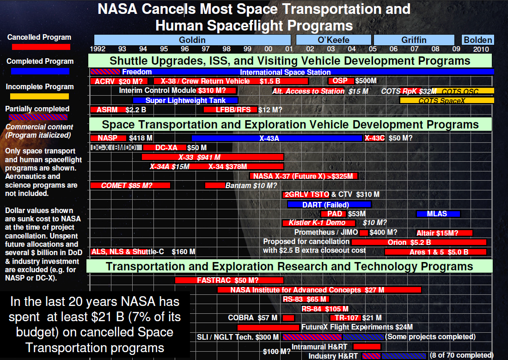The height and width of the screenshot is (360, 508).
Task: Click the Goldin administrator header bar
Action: click(192, 40)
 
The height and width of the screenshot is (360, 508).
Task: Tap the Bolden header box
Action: click(477, 40)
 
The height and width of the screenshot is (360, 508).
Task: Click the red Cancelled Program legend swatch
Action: click(41, 47)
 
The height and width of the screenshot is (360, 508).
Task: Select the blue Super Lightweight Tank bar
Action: click(185, 100)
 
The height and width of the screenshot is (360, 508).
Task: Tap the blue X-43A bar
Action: click(277, 138)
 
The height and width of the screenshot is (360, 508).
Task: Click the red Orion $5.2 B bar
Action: click(419, 242)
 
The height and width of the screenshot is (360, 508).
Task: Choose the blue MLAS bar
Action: click(438, 214)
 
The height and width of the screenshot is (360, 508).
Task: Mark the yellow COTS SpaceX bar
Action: click(447, 100)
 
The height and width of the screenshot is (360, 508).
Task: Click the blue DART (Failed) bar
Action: click(329, 204)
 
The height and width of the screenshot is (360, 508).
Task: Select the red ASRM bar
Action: click(106, 110)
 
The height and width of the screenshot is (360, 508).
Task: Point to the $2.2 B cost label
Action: click(135, 110)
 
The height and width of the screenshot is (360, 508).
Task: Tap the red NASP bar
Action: click(108, 138)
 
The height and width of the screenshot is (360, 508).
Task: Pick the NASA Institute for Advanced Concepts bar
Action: click(319, 290)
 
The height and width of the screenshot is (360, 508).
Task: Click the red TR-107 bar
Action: click(345, 318)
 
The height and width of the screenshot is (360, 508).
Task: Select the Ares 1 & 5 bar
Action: click(435, 252)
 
